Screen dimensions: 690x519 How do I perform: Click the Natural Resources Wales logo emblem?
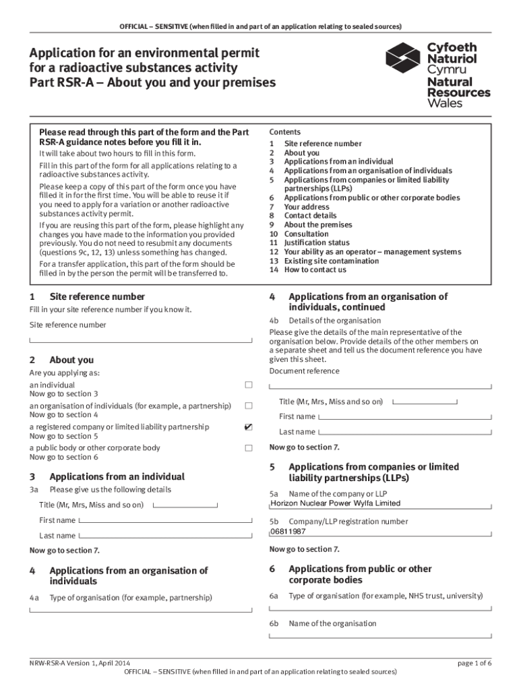point(402,60)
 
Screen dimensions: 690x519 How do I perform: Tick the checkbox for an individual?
point(248,385)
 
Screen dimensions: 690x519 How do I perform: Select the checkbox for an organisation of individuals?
point(248,406)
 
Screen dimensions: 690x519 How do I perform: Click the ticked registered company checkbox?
point(248,427)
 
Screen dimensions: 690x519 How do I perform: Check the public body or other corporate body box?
point(248,448)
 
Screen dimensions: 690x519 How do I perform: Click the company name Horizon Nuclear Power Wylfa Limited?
point(335,503)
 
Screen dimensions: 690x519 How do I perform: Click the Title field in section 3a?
point(185,505)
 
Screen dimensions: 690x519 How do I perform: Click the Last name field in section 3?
point(169,536)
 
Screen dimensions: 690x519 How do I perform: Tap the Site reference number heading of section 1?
point(97,296)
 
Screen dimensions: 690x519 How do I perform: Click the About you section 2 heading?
point(71,360)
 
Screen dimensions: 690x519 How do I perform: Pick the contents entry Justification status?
point(317,243)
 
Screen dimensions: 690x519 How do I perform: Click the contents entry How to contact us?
point(315,270)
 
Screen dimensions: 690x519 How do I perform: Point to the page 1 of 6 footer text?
point(475,663)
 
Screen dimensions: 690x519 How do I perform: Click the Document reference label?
point(304,371)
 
